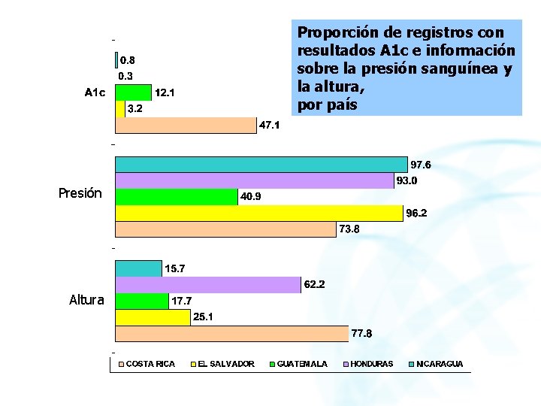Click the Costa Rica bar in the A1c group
(186, 125)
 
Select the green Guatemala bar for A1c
(133, 92)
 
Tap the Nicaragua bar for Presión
(261, 165)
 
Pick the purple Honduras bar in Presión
(255, 180)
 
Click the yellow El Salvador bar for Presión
(259, 213)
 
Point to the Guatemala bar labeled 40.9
(177, 197)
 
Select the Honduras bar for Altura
(208, 285)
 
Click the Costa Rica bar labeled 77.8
(232, 334)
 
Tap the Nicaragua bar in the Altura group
(139, 268)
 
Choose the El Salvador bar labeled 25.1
(153, 317)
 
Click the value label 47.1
(269, 125)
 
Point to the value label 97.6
(421, 165)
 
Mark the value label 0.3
(125, 76)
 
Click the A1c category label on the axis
(95, 92)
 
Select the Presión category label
(80, 193)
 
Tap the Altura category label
(86, 300)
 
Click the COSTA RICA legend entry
(147, 364)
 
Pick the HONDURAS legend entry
(368, 364)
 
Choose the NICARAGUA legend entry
(436, 364)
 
